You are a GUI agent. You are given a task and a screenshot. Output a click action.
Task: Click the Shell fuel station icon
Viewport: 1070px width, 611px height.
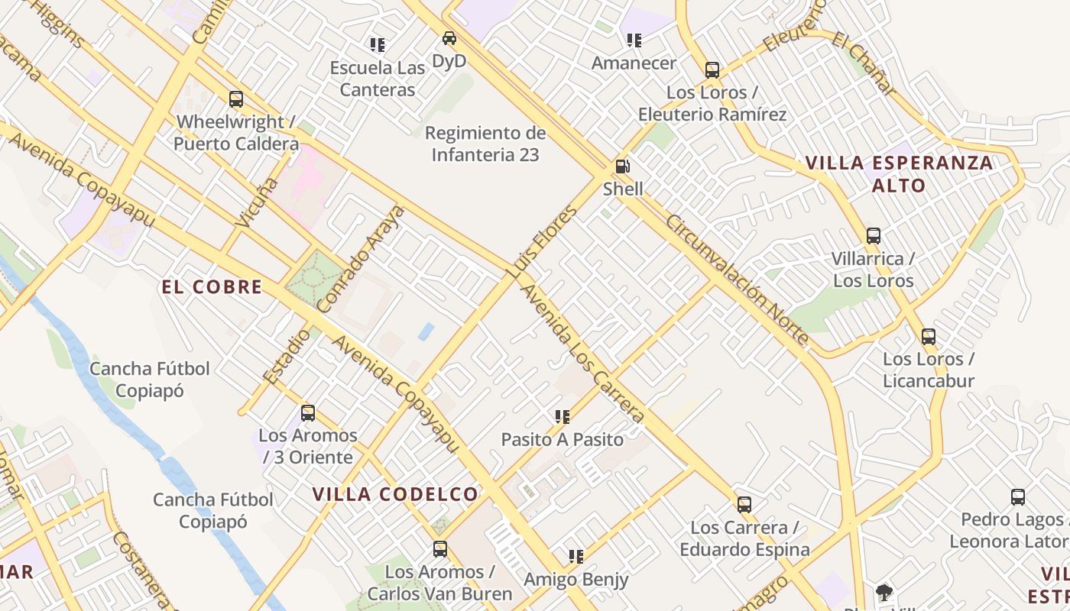tap(623, 166)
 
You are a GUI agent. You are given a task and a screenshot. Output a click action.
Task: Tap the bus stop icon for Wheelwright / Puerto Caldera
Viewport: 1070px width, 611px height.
tap(236, 99)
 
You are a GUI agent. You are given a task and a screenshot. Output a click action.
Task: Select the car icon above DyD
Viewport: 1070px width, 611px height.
tap(449, 38)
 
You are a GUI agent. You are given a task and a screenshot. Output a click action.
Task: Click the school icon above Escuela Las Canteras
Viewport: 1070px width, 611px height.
tap(377, 45)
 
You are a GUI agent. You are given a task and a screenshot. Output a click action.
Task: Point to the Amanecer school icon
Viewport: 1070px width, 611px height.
tap(634, 40)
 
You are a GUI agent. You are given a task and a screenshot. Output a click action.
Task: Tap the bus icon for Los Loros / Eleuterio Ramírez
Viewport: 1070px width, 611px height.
tap(712, 70)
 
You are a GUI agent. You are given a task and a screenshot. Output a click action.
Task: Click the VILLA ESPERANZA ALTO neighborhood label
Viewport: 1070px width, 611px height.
tap(899, 174)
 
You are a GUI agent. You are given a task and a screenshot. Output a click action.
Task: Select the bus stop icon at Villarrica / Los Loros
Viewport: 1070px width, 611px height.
tap(874, 236)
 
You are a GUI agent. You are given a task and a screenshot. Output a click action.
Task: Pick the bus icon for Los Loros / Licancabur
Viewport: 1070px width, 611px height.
tap(929, 337)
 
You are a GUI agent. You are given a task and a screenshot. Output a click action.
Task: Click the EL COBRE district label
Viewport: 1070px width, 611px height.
tap(212, 287)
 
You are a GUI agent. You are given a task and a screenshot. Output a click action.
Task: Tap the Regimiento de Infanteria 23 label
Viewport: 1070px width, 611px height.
tap(485, 144)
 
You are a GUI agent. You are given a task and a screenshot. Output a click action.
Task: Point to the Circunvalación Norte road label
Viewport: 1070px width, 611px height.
tap(738, 280)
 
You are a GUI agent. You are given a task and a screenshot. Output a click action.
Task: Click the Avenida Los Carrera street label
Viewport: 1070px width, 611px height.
tap(583, 354)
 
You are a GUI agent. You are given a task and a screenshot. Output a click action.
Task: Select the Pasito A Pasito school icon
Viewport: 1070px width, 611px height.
tap(563, 417)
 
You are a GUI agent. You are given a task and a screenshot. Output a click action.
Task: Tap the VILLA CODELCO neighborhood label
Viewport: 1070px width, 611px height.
tap(395, 494)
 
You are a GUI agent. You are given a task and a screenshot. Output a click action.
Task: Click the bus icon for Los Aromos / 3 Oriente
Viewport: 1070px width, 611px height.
tap(308, 413)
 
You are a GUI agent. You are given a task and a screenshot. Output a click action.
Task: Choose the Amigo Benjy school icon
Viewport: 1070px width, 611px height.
tap(576, 557)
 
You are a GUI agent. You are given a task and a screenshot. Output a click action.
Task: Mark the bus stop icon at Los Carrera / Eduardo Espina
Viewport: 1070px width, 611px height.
tap(744, 505)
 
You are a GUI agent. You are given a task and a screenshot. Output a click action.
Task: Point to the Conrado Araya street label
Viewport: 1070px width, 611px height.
tap(360, 258)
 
